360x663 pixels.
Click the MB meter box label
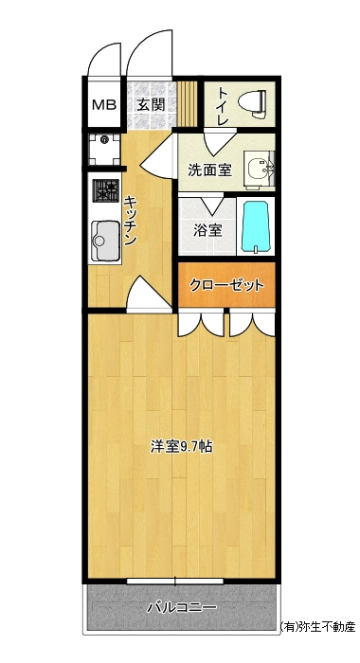click(104, 104)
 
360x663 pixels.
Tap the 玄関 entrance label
click(151, 104)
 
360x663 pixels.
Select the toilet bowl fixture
click(252, 102)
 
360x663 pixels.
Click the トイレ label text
click(223, 106)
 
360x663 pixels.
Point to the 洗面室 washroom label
click(209, 170)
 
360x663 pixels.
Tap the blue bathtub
click(255, 227)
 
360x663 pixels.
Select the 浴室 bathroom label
click(208, 230)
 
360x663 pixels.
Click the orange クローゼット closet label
click(226, 285)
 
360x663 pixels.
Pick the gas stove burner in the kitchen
click(106, 190)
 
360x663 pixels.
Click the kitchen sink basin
click(105, 241)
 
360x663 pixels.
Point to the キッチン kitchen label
click(130, 220)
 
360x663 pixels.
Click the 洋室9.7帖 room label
click(182, 447)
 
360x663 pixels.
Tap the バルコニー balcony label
click(182, 608)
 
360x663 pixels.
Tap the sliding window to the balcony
click(174, 582)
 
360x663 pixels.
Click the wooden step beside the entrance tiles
click(187, 103)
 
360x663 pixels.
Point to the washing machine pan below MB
click(104, 149)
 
